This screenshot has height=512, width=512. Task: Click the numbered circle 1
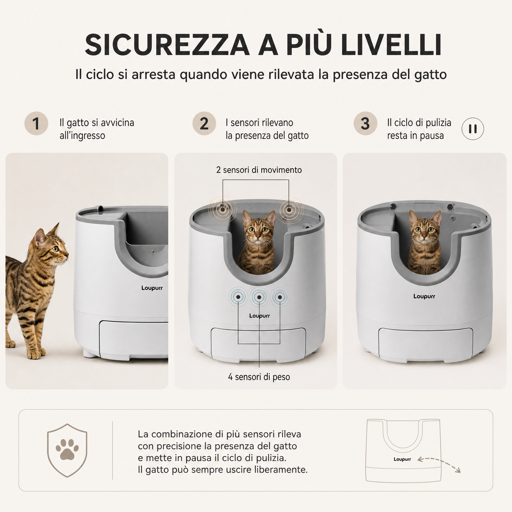(36, 123)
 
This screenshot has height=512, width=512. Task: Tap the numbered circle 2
(204, 123)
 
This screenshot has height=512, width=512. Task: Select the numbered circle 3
(365, 123)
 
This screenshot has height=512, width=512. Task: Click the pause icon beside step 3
(473, 129)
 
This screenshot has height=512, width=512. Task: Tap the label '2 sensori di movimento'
(259, 170)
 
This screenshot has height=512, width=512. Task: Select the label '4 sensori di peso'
(259, 377)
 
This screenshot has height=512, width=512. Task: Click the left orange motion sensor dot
(222, 210)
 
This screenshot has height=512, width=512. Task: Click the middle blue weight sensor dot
(259, 297)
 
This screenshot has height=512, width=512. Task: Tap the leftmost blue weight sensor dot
(238, 297)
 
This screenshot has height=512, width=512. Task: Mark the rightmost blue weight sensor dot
(280, 297)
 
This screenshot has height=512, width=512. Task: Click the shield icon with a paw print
(67, 450)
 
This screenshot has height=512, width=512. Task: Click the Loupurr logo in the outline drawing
(402, 459)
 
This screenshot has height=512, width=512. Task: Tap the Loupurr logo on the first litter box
(152, 288)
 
